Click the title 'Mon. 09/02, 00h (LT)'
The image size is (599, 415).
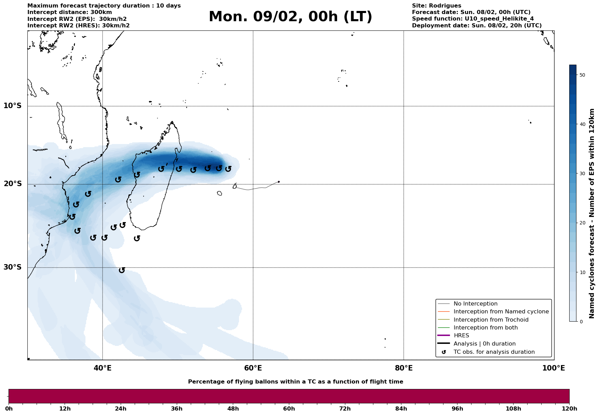[x=290, y=17]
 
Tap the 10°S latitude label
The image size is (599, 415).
[x=13, y=106]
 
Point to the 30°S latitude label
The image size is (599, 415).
[x=13, y=267]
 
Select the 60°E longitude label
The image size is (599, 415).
[x=253, y=368]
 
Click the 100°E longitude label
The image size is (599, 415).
[x=554, y=368]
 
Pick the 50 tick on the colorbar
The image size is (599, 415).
[x=582, y=75]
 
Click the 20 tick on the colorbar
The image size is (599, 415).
[x=582, y=223]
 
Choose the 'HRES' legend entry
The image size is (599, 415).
[x=461, y=336]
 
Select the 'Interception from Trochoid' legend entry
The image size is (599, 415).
[x=491, y=320]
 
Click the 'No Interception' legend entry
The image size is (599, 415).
[x=475, y=304]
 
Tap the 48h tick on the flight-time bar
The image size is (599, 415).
[x=233, y=408]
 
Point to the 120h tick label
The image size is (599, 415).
[x=569, y=408]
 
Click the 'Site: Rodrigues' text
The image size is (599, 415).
[x=436, y=6]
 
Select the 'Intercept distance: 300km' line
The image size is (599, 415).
[x=69, y=12]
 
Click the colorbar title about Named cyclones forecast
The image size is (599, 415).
[x=592, y=213]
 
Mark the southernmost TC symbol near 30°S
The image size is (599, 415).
[x=122, y=270]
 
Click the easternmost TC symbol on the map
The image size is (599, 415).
[x=228, y=169]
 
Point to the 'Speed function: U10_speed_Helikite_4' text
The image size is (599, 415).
[x=472, y=19]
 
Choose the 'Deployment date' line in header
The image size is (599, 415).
[x=477, y=26]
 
